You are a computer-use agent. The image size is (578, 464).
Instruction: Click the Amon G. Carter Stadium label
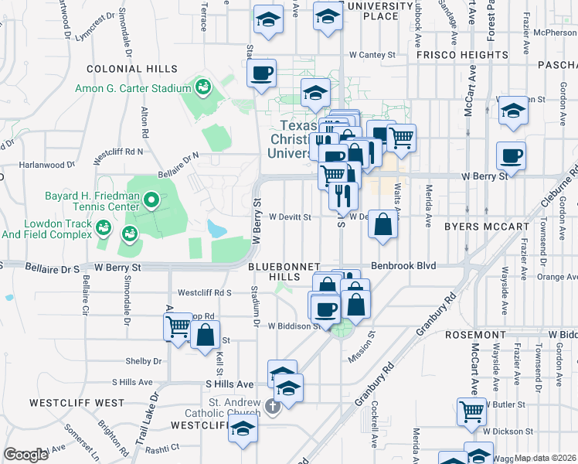pyautogui.click(x=132, y=88)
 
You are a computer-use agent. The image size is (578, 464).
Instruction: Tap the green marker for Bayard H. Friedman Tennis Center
pyautogui.click(x=151, y=202)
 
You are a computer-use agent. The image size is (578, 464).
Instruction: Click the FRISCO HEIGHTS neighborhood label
pyautogui.click(x=462, y=56)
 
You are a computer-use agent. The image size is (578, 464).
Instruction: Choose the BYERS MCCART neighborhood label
pyautogui.click(x=486, y=227)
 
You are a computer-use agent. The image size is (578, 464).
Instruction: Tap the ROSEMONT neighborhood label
pyautogui.click(x=475, y=335)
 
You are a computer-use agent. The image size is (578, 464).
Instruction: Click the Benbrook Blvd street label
pyautogui.click(x=403, y=265)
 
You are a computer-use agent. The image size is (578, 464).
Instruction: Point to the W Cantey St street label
pyautogui.click(x=372, y=55)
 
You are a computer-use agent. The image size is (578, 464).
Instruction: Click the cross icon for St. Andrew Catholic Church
pyautogui.click(x=272, y=407)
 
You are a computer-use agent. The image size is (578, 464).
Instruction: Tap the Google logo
pyautogui.click(x=25, y=455)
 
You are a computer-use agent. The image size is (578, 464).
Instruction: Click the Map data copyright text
pyautogui.click(x=545, y=458)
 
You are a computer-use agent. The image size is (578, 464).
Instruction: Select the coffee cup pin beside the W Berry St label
pyautogui.click(x=511, y=156)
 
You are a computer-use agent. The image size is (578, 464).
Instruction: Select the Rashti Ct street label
pyautogui.click(x=164, y=447)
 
